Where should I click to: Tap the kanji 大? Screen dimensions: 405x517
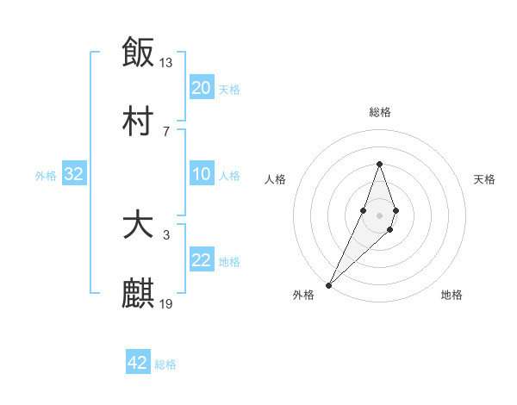pos(138,226)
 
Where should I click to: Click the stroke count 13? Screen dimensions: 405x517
pos(166,62)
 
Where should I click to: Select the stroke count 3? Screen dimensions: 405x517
pos(166,234)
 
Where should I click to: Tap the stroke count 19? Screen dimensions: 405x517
pos(166,303)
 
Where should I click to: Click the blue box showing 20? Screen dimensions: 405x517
pos(201,88)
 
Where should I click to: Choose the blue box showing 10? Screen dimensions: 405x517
pos(201,175)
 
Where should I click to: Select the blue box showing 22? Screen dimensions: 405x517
pos(201,261)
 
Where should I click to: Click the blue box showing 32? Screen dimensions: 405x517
pos(74,175)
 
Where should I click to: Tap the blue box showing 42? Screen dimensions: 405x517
pos(138,364)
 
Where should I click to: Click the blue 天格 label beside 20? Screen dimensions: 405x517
pos(228,89)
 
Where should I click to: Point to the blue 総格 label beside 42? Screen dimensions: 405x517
pos(165,364)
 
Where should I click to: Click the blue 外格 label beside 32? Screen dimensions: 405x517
pos(46,176)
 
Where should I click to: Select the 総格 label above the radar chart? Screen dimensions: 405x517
pos(379,112)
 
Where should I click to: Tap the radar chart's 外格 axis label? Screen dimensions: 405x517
pos(303,295)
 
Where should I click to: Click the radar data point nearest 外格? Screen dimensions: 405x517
pos(329,284)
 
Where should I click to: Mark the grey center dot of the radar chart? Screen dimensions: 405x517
pos(379,214)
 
